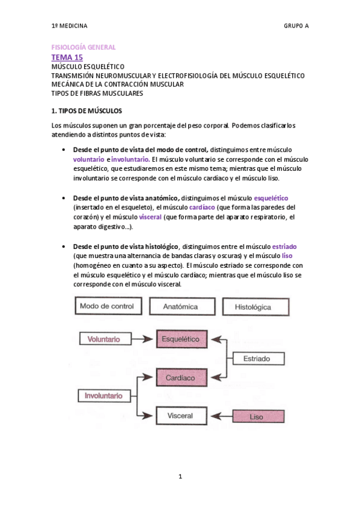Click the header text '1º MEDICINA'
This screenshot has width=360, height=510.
(x=69, y=26)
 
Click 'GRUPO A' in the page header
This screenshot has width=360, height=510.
(x=296, y=26)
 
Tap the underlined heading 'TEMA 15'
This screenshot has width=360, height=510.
(x=67, y=57)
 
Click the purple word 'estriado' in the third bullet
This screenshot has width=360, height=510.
(x=284, y=247)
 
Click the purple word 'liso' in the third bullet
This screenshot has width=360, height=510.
(x=287, y=256)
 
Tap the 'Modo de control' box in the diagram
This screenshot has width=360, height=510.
(x=106, y=306)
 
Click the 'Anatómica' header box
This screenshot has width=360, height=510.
(x=180, y=306)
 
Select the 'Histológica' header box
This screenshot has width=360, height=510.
(x=253, y=306)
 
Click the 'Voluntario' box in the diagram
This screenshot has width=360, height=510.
(x=103, y=339)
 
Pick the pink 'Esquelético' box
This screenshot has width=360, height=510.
(x=181, y=340)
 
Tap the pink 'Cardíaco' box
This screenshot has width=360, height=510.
(x=181, y=378)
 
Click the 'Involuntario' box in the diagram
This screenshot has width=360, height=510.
(x=103, y=396)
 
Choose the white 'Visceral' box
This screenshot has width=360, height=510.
(x=180, y=415)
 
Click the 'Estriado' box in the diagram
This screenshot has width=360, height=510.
(x=257, y=358)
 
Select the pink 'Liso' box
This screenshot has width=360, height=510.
(x=257, y=416)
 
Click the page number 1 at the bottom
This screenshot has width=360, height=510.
(x=180, y=477)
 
